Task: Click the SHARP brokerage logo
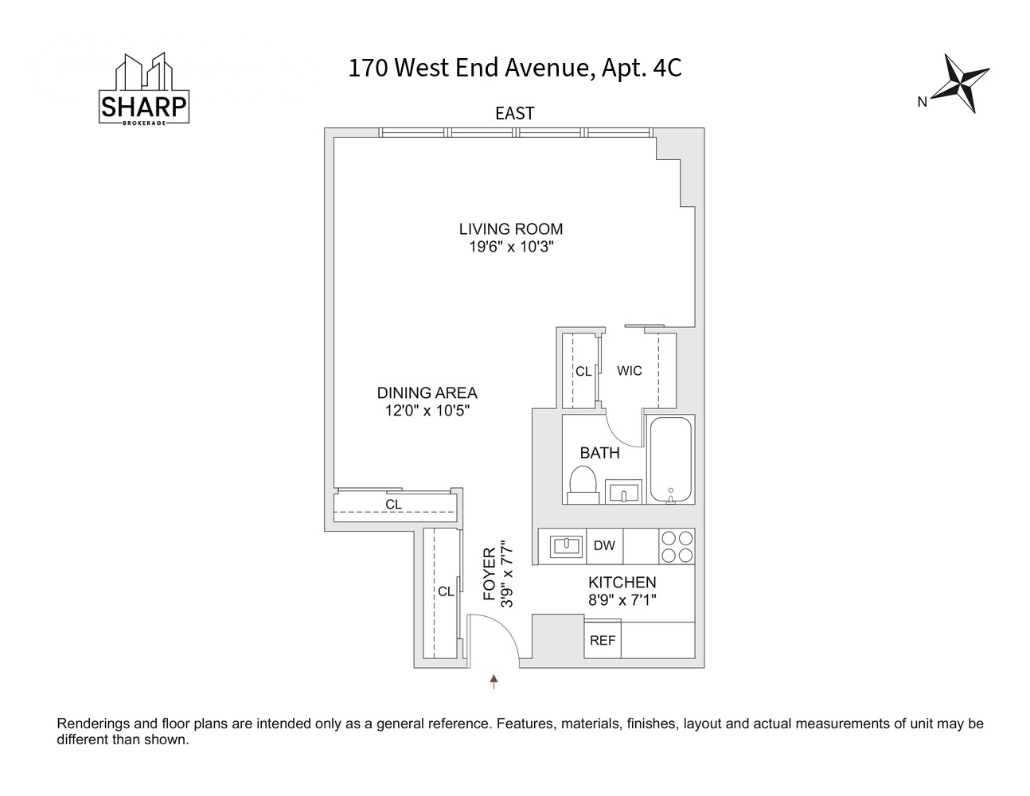pyautogui.click(x=143, y=88)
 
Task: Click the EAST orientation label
pyautogui.click(x=515, y=114)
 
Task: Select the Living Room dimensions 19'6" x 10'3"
pyautogui.click(x=512, y=247)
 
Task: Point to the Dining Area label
pyautogui.click(x=427, y=392)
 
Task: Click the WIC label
pyautogui.click(x=630, y=370)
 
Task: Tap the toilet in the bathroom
pyautogui.click(x=583, y=484)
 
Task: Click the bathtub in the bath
pyautogui.click(x=671, y=459)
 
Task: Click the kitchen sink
pyautogui.click(x=565, y=547)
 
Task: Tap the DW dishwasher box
pyautogui.click(x=604, y=546)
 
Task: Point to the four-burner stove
pyautogui.click(x=677, y=546)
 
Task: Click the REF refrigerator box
pyautogui.click(x=603, y=640)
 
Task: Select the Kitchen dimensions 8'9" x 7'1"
pyautogui.click(x=622, y=600)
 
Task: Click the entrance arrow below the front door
pyautogui.click(x=494, y=681)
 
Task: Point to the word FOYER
pyautogui.click(x=490, y=574)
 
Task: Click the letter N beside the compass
pyautogui.click(x=922, y=102)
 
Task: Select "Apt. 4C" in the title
pyautogui.click(x=642, y=68)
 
